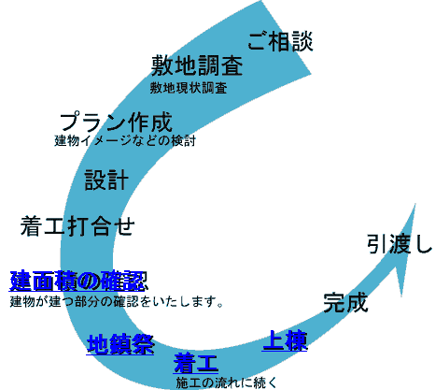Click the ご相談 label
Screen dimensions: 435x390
(x=280, y=41)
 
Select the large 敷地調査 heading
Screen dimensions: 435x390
(x=197, y=65)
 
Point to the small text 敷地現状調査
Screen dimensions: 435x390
(x=189, y=88)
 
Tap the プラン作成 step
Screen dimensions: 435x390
(x=116, y=122)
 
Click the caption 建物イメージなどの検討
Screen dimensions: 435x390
(x=125, y=140)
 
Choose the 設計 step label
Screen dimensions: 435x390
(x=106, y=180)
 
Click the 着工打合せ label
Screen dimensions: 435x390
(x=77, y=226)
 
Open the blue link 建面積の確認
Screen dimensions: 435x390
(x=78, y=281)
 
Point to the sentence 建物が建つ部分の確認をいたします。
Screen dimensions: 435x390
(x=117, y=301)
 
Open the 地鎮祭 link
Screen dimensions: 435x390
(x=120, y=344)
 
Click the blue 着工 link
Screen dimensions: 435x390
(x=196, y=363)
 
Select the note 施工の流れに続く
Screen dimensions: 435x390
(x=226, y=383)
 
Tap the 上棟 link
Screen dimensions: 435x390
(x=285, y=340)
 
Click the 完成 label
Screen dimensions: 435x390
(x=345, y=302)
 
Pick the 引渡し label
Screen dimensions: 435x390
(x=400, y=244)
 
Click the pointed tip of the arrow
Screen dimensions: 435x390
(x=415, y=204)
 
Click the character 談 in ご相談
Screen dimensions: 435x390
(x=302, y=41)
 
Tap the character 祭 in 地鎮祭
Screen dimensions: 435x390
(x=143, y=344)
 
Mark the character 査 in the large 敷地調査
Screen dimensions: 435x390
(x=232, y=65)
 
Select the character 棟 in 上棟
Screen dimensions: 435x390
(x=296, y=340)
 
